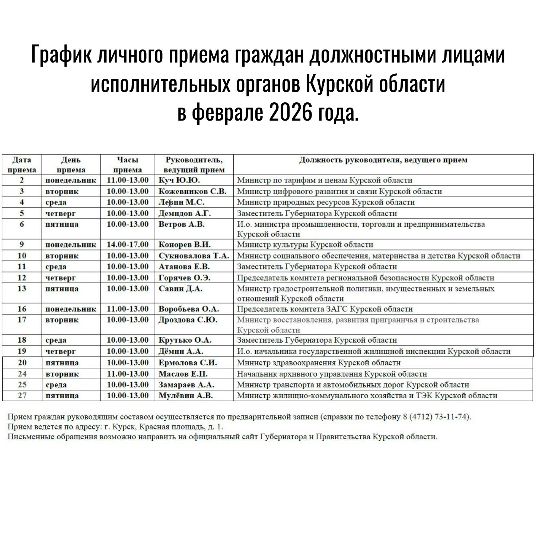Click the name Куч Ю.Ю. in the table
179,181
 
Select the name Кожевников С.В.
192,191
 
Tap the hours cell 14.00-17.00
128,245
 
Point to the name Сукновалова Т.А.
194,256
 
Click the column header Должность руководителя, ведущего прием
383,160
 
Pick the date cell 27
22,396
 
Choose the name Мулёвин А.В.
186,396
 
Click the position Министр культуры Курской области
305,245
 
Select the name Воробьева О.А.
189,309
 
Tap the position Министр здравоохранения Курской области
319,363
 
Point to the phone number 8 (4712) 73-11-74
437,417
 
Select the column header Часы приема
128,165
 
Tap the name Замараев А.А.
186,385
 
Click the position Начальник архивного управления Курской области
332,374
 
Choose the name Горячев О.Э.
185,278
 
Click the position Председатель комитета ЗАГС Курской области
325,309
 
